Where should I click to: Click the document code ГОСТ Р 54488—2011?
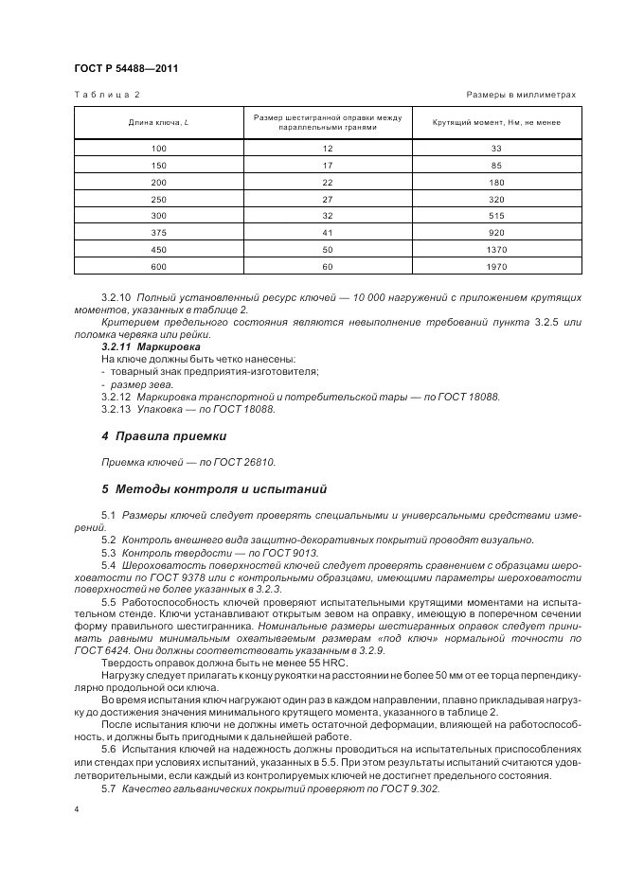(125, 68)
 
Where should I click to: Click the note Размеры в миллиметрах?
(522, 96)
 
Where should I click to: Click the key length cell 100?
(158, 149)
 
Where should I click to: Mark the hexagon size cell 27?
(328, 200)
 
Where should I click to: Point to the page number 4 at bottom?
(77, 809)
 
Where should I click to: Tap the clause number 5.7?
(108, 788)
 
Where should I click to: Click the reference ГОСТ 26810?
(251, 462)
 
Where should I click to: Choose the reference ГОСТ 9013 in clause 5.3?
(295, 551)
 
